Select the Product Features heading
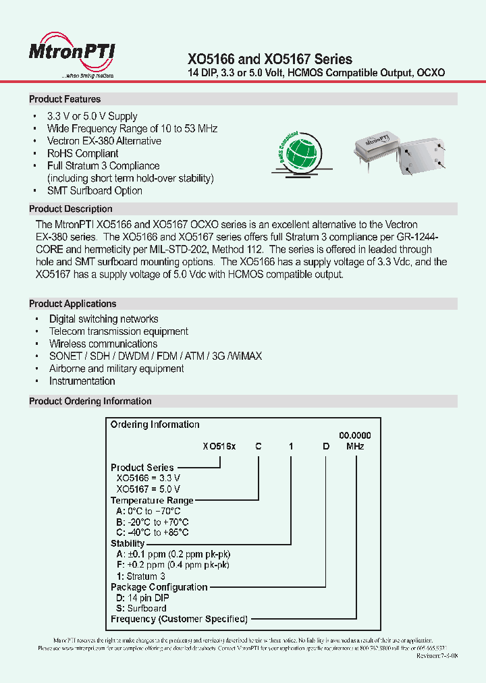[65, 99]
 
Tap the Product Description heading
[71, 209]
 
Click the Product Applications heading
[73, 304]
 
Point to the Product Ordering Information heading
[90, 402]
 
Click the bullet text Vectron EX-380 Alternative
[104, 141]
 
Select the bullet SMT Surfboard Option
[94, 191]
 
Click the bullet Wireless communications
[103, 344]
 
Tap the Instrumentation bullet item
[82, 381]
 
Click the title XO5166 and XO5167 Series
[269, 59]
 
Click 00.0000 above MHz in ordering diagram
[354, 436]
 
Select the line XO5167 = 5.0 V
[148, 489]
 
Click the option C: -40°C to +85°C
[153, 532]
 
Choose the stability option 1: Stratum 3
[141, 576]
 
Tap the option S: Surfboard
[142, 608]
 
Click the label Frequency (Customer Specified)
[179, 619]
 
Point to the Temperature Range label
[152, 500]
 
